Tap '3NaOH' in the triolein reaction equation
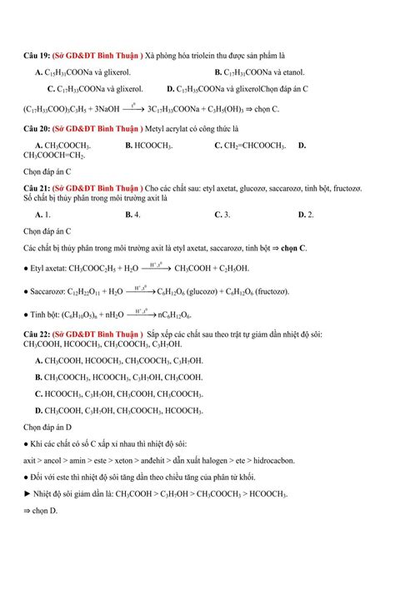(105, 108)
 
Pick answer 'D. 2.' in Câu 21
(305, 214)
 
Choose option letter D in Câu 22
(39, 410)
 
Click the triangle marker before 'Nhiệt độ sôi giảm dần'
(27, 493)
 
